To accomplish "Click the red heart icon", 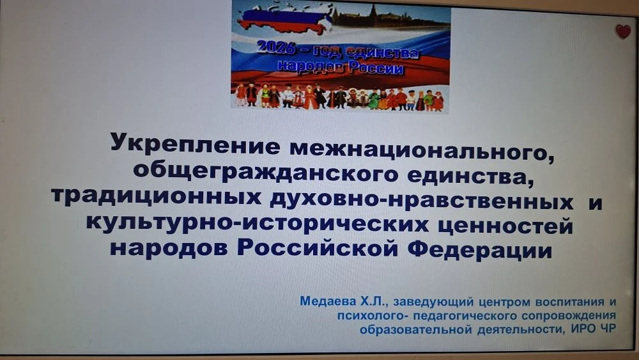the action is (x=622, y=31).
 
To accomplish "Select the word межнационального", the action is (x=422, y=151).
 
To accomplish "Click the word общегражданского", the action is (x=265, y=174).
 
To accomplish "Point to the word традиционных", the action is (x=157, y=198).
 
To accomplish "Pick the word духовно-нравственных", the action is (x=421, y=200).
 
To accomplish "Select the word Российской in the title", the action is (x=317, y=248).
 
